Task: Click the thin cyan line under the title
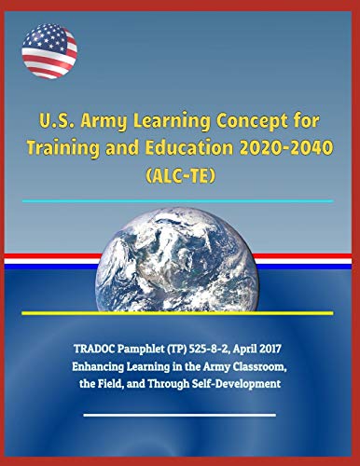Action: click(x=179, y=200)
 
